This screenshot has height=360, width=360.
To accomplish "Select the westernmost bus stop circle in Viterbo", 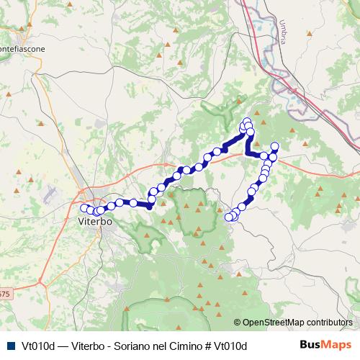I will pos(84,208).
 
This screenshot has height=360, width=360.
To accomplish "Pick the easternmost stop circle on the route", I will pos(274,147).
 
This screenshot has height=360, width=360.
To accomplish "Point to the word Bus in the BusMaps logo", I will pos(310,345).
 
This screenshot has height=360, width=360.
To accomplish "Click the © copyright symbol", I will pos(238,323).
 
